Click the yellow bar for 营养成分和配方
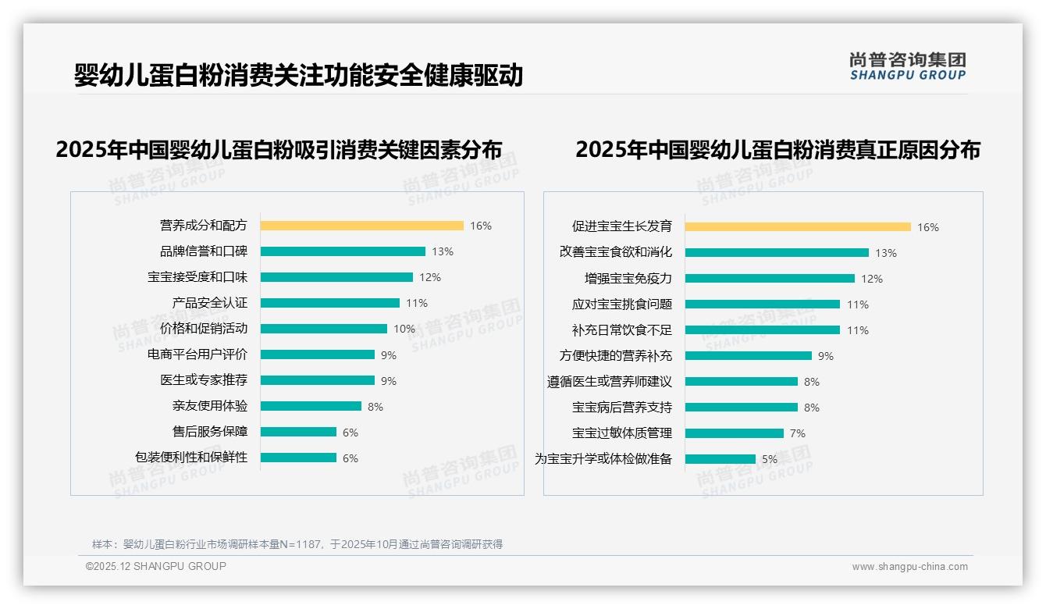[x=361, y=226]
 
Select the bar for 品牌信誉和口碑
[x=343, y=251]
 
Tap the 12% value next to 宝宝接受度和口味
[x=429, y=277]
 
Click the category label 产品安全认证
[x=209, y=303]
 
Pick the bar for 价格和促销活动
[x=323, y=329]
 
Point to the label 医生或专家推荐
[x=203, y=380]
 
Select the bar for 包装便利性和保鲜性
[x=298, y=458]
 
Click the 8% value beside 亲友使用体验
[x=375, y=407]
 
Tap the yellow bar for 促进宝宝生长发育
[x=798, y=227]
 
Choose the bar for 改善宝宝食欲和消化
[x=777, y=253]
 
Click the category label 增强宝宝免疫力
[x=628, y=279]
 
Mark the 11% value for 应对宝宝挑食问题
[x=857, y=304]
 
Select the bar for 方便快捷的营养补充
[x=748, y=356]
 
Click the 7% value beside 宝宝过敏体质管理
[x=797, y=433]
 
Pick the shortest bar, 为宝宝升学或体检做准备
[x=720, y=459]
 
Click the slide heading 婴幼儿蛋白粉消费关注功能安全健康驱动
[x=298, y=75]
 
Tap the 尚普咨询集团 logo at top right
[x=907, y=66]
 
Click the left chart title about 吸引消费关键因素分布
[x=279, y=149]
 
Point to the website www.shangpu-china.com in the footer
[x=909, y=567]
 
